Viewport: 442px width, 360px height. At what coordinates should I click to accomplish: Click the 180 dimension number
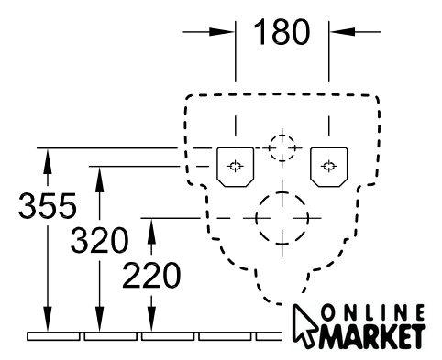click(282, 32)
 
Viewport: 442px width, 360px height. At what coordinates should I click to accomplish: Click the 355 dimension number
click(48, 205)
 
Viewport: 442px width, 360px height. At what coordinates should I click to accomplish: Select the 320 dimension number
click(99, 240)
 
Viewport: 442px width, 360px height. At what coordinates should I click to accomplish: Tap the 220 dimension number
click(151, 275)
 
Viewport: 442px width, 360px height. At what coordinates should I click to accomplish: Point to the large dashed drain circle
click(256, 218)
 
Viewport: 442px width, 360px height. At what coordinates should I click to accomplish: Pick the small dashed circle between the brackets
click(269, 148)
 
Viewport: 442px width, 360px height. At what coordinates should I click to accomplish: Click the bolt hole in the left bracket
click(235, 166)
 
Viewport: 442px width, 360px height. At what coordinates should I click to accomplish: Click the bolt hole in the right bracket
click(329, 166)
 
